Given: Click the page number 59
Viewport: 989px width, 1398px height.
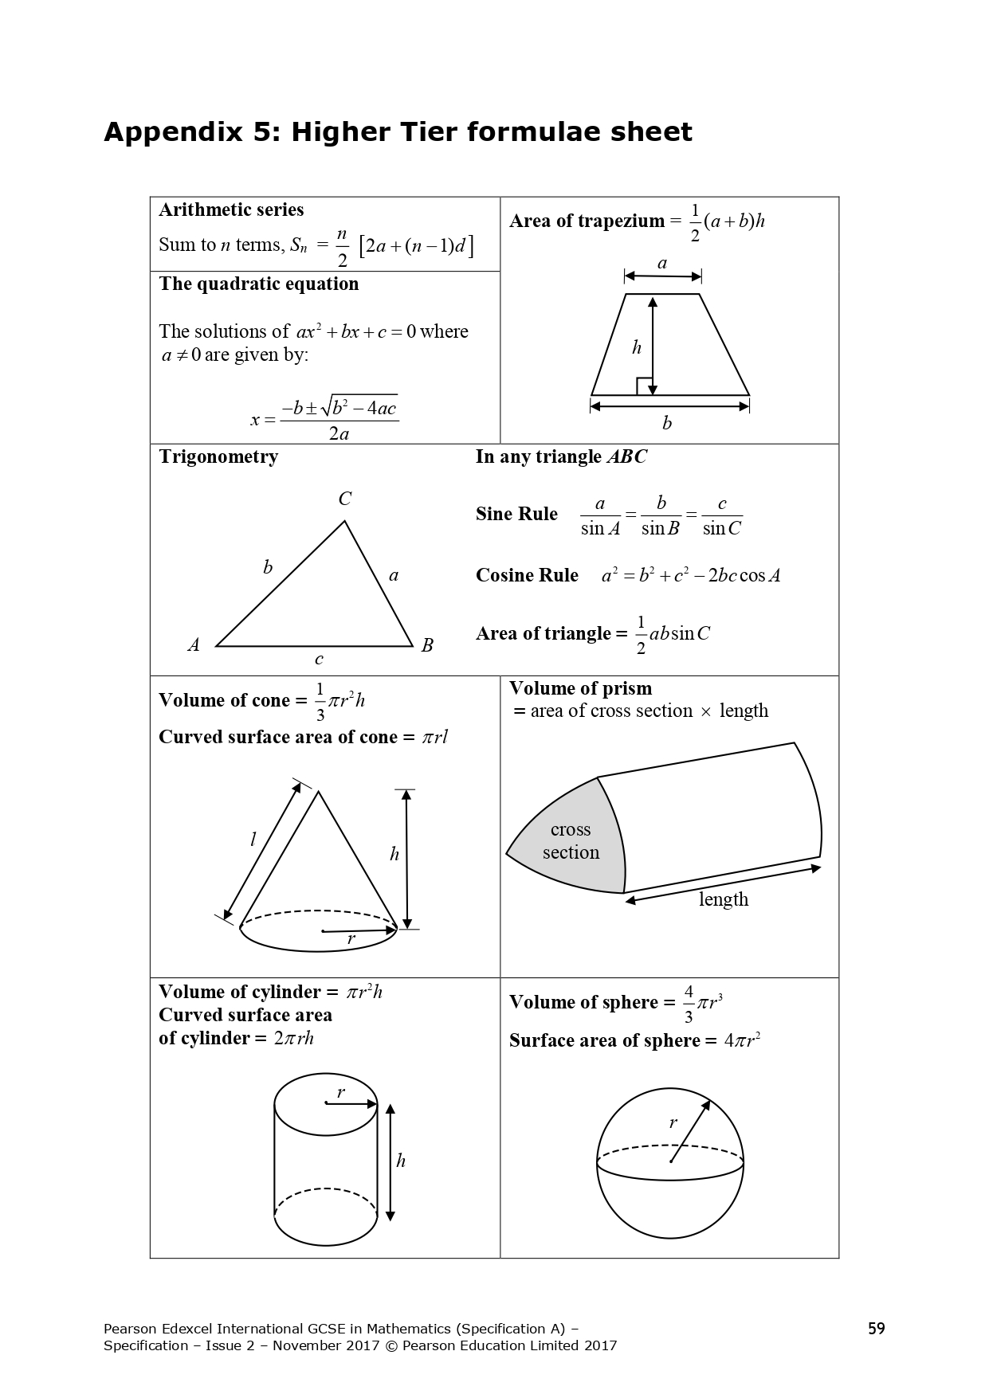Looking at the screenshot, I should pos(876,1328).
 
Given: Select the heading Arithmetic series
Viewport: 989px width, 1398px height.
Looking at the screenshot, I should pos(231,210).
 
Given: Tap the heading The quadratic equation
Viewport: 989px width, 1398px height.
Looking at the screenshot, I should pos(258,284).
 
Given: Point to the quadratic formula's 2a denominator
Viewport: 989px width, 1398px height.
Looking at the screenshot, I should pos(339,434).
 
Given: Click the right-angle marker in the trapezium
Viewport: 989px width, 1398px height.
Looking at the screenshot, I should pos(644,387).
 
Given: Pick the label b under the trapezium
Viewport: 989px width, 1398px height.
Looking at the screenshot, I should pos(667,424).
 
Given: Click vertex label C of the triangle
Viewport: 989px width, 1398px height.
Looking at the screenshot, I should pos(344,499).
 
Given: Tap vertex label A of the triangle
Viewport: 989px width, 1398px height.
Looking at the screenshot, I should pos(194,645).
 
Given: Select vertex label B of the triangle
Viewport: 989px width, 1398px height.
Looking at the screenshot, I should pos(427,645).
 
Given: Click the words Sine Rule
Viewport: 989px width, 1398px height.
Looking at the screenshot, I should pos(516,515).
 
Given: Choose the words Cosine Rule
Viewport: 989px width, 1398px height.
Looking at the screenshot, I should pos(527,576).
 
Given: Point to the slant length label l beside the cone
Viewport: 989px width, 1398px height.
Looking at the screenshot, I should pos(253,840).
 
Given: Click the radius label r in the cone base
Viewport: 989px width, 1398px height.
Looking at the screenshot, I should pos(351,940).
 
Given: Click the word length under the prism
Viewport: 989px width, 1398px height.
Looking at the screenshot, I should pos(724,899).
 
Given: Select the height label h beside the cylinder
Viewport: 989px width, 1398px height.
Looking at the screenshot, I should pos(401,1161).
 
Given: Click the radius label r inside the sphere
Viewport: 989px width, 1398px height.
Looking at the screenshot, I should pos(673,1123).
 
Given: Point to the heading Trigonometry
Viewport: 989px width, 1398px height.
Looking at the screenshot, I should pos(218,457).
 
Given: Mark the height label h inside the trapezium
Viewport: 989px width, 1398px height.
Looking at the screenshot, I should pos(637,347).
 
